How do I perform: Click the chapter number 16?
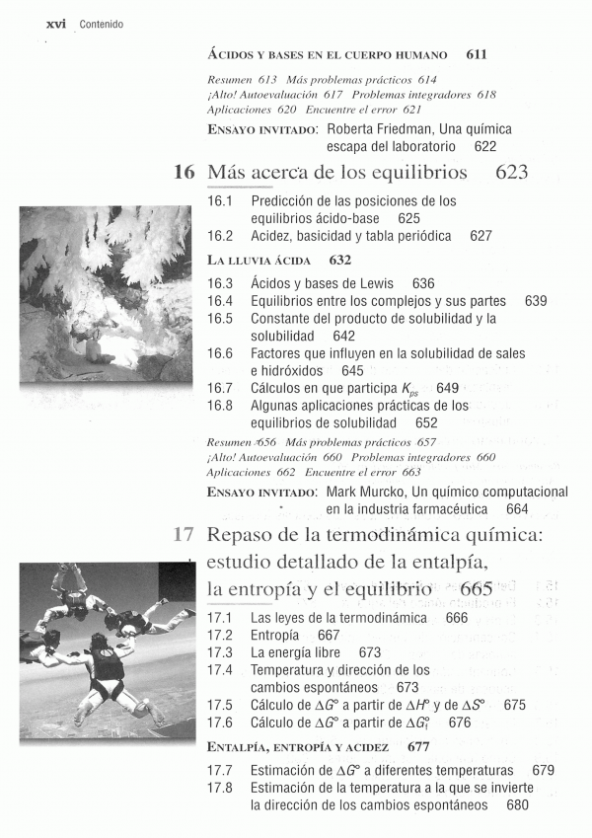click(x=184, y=173)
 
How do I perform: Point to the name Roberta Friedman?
click(x=374, y=129)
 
